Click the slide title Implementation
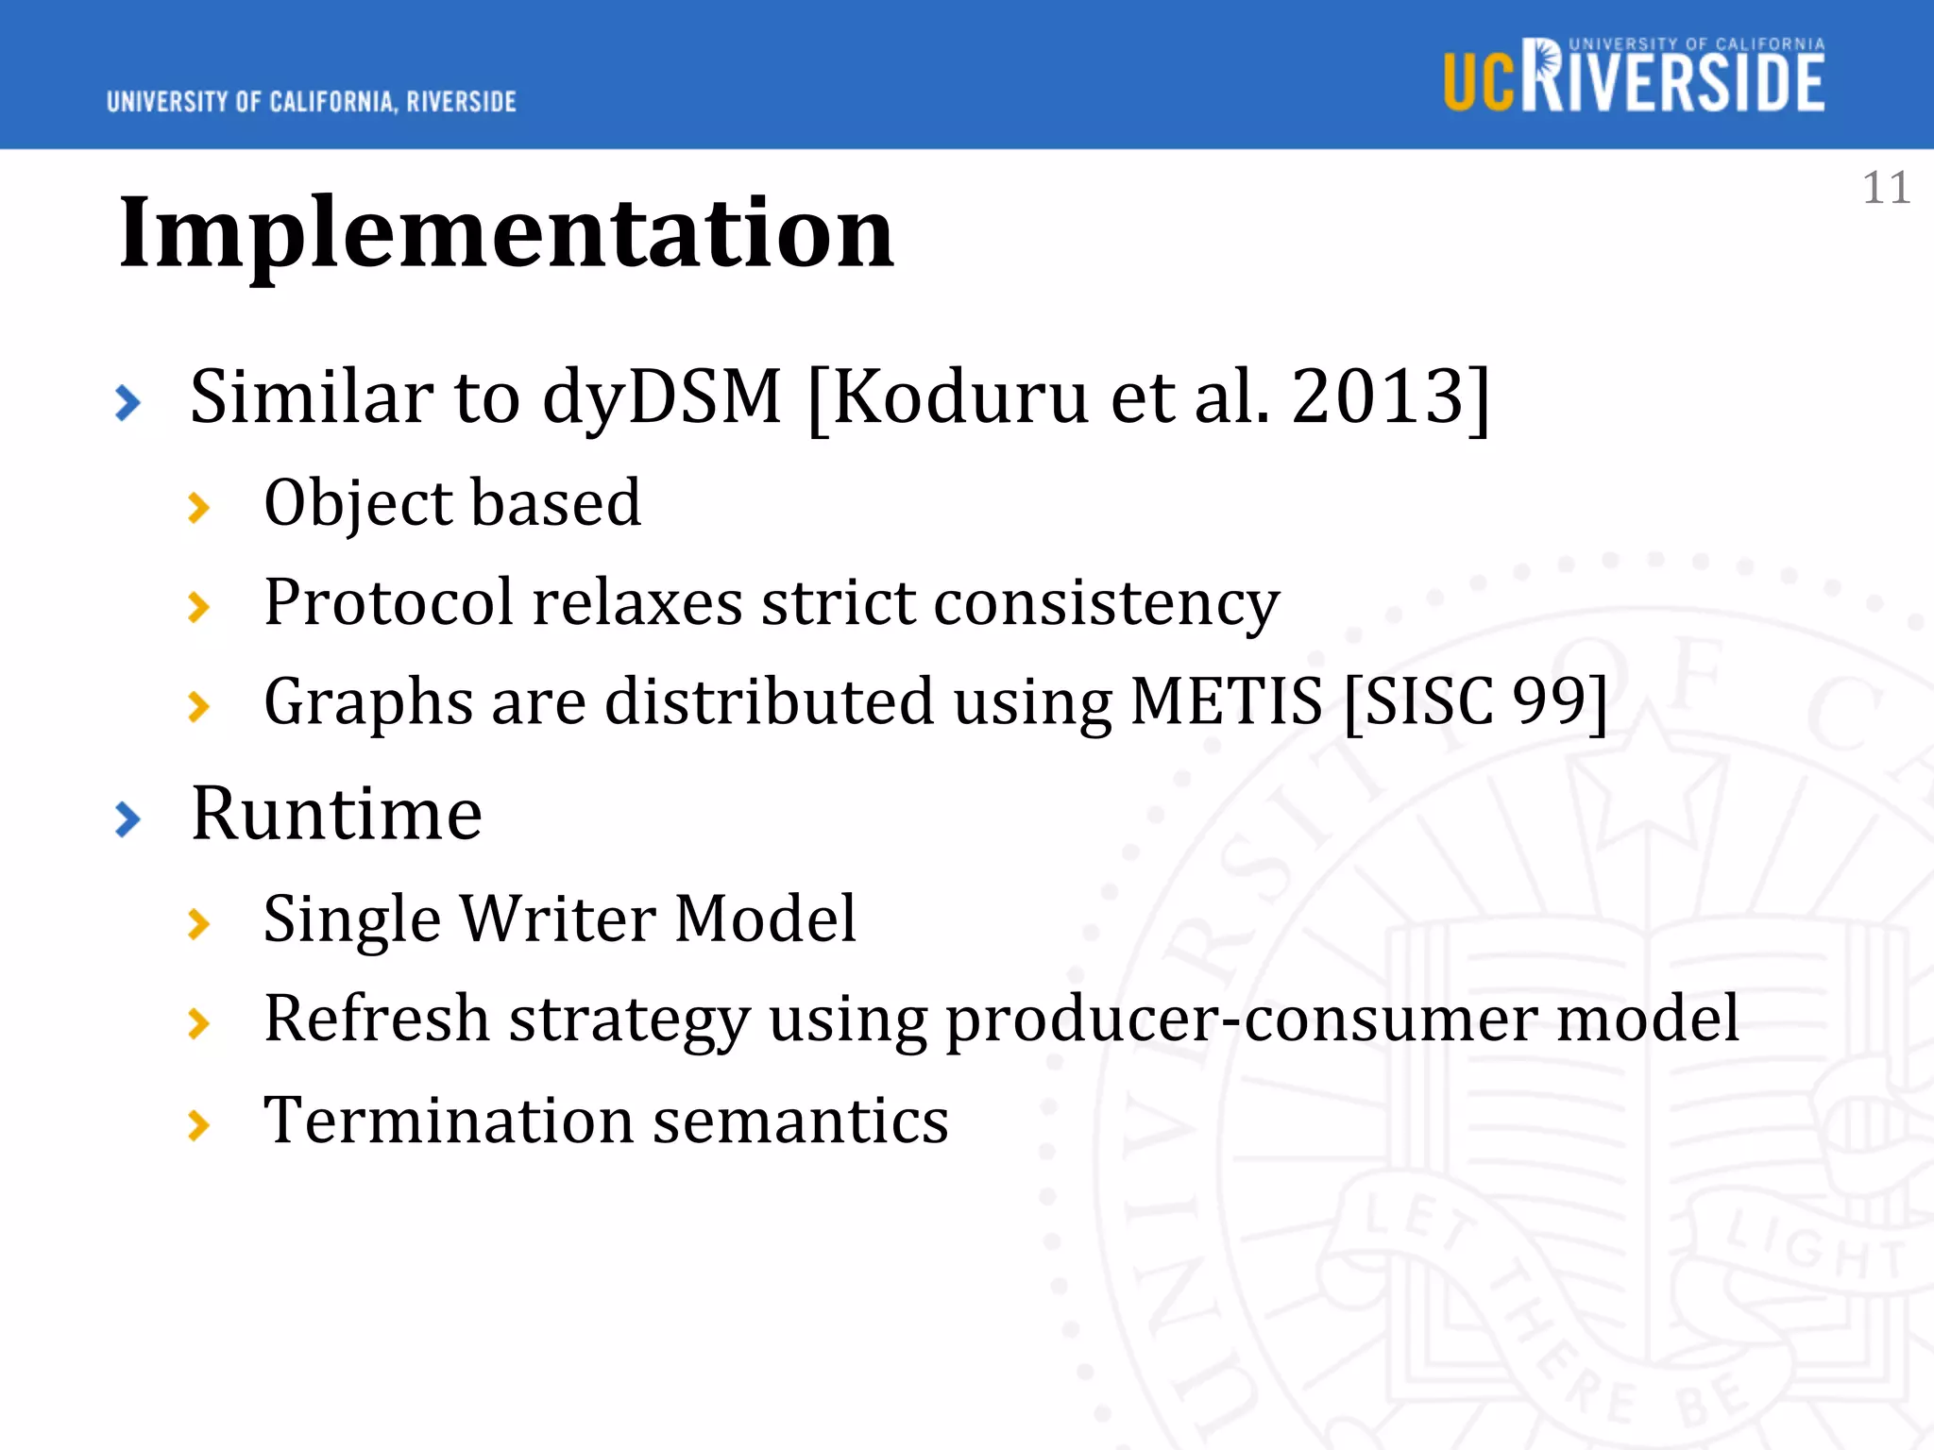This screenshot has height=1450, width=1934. pyautogui.click(x=506, y=232)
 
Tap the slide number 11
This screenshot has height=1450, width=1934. pyautogui.click(x=1886, y=188)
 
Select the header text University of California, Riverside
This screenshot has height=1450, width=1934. pyautogui.click(x=312, y=102)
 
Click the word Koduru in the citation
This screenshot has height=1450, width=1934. pyautogui.click(x=960, y=396)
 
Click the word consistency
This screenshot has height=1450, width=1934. pyautogui.click(x=1106, y=603)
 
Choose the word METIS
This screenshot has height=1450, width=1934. pyautogui.click(x=1226, y=701)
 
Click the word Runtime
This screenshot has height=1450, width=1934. pyautogui.click(x=336, y=814)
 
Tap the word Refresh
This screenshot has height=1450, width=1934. pyautogui.click(x=377, y=1019)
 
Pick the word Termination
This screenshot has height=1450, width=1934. pyautogui.click(x=448, y=1121)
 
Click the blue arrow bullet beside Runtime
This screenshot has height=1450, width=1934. pyautogui.click(x=127, y=818)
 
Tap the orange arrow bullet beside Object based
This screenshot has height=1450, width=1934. pyautogui.click(x=198, y=508)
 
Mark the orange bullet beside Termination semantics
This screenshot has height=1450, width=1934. pyautogui.click(x=198, y=1125)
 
